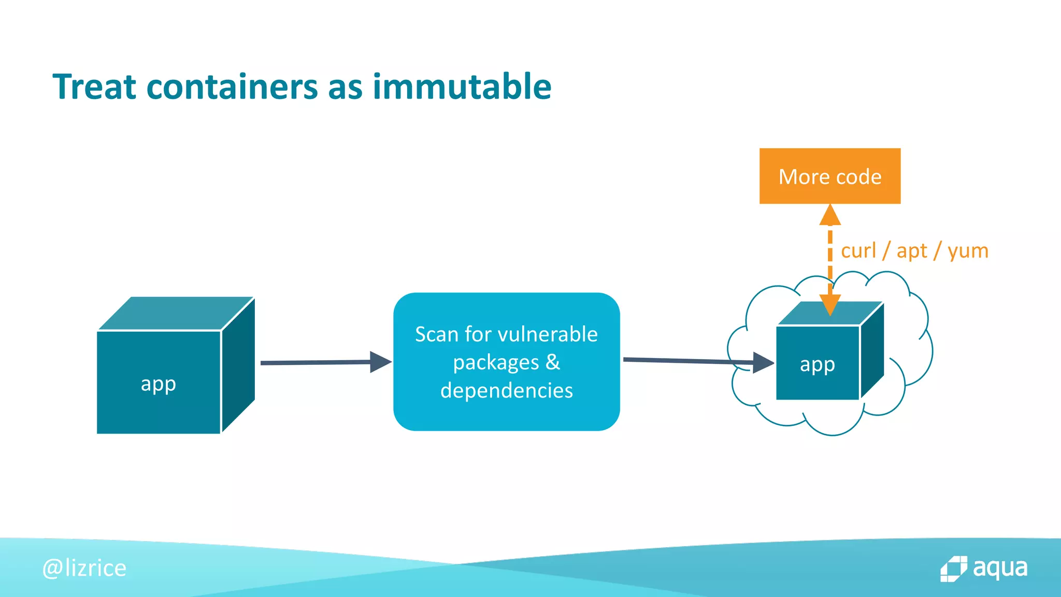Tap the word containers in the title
(x=232, y=87)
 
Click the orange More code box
(x=829, y=176)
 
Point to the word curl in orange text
(x=858, y=251)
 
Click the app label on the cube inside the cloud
(x=817, y=365)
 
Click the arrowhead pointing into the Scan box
(x=380, y=362)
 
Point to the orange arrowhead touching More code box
(x=830, y=215)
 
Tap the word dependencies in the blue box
(x=506, y=390)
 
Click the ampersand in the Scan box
(x=553, y=362)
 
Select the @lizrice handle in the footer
(x=84, y=568)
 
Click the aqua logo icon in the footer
(x=953, y=569)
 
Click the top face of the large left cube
(x=176, y=313)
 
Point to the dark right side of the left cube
(x=238, y=365)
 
